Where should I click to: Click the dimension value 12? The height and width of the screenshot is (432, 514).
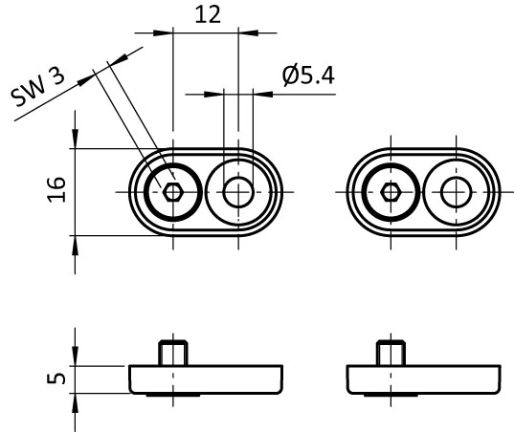click(x=208, y=15)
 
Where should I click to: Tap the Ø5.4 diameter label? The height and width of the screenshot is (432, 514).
click(x=308, y=76)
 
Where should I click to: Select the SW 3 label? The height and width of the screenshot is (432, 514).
click(x=37, y=86)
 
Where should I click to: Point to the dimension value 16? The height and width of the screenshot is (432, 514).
click(x=56, y=189)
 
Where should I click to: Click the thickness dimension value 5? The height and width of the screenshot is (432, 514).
click(x=56, y=378)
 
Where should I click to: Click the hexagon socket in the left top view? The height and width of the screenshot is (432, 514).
click(x=172, y=192)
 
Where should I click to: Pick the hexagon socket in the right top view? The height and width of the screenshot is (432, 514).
click(x=391, y=192)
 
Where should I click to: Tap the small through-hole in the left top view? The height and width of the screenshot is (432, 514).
click(x=238, y=192)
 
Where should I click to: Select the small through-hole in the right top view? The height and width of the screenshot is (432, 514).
click(x=457, y=192)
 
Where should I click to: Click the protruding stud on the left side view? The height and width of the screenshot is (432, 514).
click(x=173, y=353)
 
